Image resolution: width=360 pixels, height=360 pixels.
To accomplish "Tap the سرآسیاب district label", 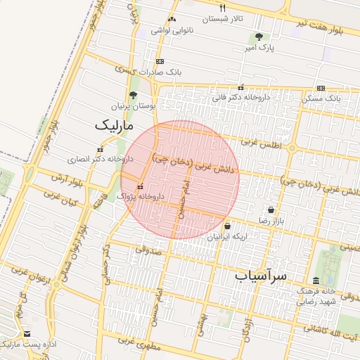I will tap(261, 276).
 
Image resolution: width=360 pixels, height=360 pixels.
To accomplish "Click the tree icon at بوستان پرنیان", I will tap(133, 95).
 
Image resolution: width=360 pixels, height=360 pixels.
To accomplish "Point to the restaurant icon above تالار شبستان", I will tap(223, 8).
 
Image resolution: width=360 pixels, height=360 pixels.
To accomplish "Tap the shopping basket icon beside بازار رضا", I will tap(271, 210).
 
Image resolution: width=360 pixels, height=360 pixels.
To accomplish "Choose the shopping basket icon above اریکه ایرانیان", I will tap(227, 226).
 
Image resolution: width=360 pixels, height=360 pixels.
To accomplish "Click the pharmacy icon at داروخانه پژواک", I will tap(141, 187).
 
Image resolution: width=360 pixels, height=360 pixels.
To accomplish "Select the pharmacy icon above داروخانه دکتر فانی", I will tap(241, 87).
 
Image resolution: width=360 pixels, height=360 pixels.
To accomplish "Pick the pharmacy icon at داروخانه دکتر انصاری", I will tap(99, 149).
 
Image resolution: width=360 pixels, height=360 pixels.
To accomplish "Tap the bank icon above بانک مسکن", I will tap(321, 88).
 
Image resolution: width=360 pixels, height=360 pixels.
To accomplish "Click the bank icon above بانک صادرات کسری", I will tap(160, 61).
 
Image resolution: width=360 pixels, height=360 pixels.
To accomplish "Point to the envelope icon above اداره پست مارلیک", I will tap(27, 334).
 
